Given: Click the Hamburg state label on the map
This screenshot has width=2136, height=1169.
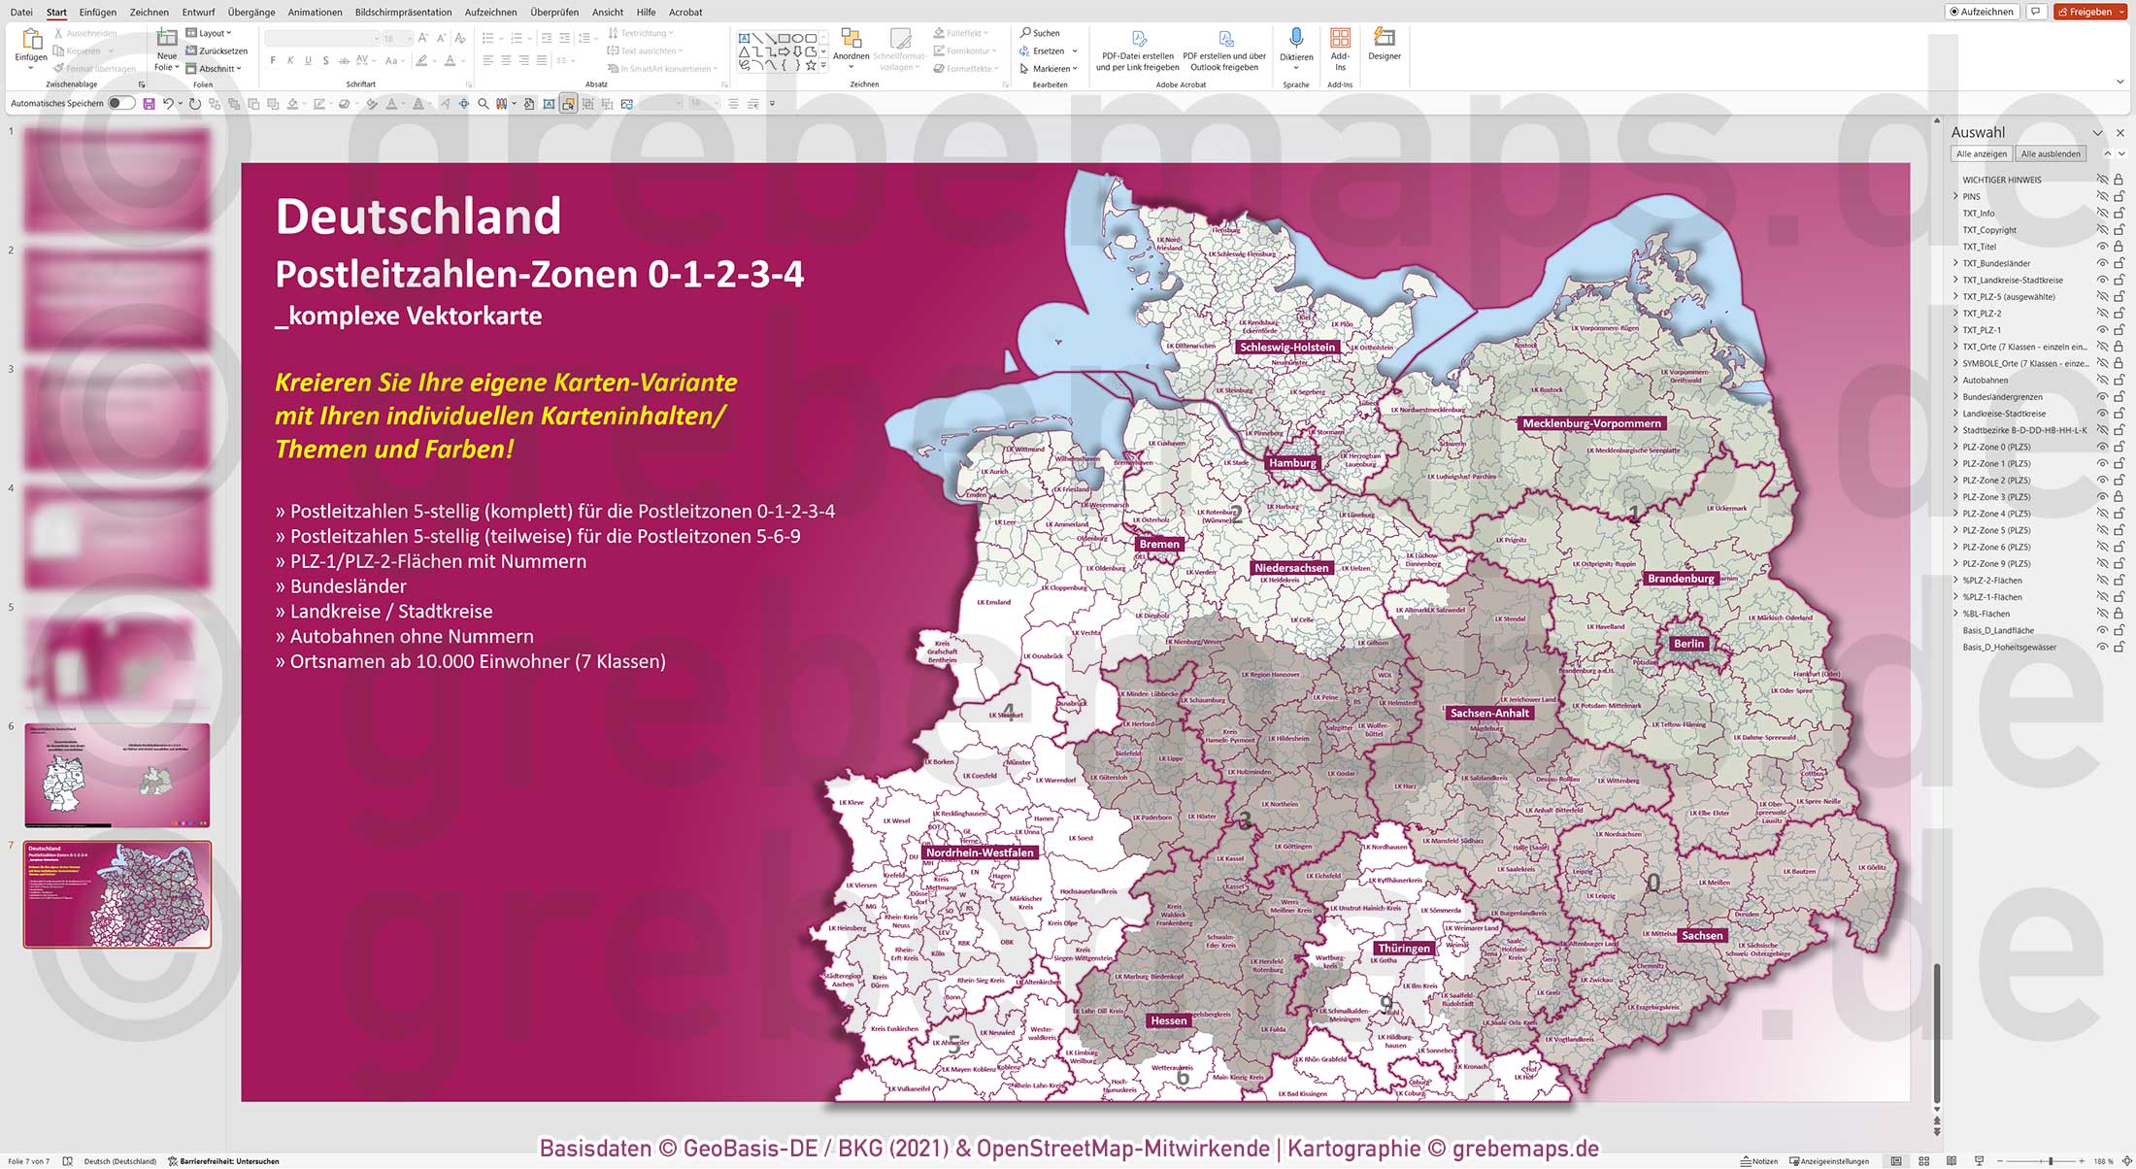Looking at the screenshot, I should (1292, 463).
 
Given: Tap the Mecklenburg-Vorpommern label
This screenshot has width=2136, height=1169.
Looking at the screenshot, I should (1591, 423).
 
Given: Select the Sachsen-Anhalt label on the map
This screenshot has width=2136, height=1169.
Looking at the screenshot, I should (1488, 713).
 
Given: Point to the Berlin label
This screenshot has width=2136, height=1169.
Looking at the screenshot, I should (1688, 644).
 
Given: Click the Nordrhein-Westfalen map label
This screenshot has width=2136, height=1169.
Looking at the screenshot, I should (979, 852).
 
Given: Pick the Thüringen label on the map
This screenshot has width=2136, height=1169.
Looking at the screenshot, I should (1403, 949).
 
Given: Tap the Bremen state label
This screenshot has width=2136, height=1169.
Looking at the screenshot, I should (1159, 544).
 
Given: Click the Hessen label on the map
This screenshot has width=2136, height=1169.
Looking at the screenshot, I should (1168, 1020).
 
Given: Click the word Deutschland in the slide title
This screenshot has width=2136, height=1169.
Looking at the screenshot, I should (418, 217).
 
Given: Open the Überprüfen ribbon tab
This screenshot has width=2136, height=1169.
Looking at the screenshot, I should (554, 12).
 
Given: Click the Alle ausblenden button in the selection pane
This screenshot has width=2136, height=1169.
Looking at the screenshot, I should (2050, 153).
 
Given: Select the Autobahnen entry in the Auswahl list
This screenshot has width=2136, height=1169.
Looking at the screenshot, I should (1985, 380).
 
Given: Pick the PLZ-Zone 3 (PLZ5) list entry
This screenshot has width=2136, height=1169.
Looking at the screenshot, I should (1996, 497).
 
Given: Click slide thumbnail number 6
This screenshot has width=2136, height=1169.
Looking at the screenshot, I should (117, 775).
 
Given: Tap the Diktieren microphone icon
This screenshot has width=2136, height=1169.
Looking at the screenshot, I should (1295, 39).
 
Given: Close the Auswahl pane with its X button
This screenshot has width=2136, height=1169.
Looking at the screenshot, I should (2119, 132).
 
